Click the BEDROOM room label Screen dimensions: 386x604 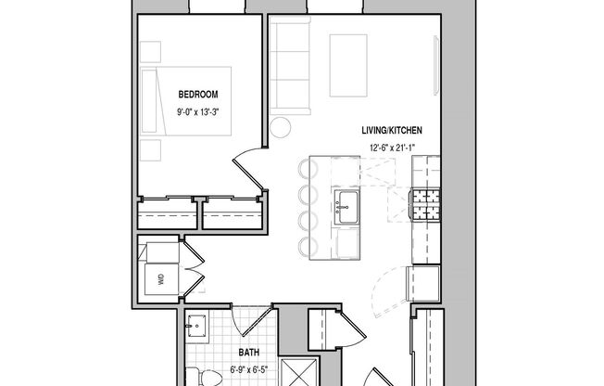(198, 94)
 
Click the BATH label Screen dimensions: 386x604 (248, 353)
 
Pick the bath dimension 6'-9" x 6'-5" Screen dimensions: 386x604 (248, 370)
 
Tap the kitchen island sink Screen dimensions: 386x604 (347, 205)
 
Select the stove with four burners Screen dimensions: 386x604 (425, 203)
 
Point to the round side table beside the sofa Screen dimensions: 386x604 (281, 127)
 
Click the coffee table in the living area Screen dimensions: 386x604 (348, 65)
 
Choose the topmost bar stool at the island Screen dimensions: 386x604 (307, 169)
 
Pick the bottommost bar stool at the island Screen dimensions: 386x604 (307, 245)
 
